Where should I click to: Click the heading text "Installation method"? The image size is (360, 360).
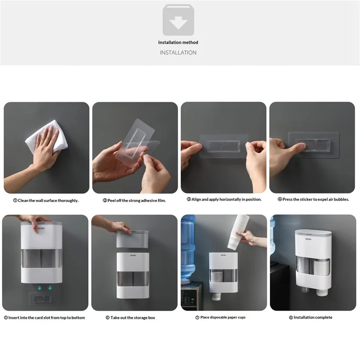[178, 42]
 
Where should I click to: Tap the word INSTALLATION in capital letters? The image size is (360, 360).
[178, 53]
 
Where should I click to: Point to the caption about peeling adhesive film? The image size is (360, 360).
[135, 200]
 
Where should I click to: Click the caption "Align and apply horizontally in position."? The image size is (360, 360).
[224, 199]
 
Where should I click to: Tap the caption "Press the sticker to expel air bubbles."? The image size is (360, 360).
[313, 199]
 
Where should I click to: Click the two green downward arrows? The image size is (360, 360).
[45, 288]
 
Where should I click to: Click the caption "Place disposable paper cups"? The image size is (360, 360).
[224, 318]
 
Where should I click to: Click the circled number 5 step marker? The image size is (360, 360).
[6, 318]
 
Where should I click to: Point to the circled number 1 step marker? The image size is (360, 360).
[15, 200]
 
